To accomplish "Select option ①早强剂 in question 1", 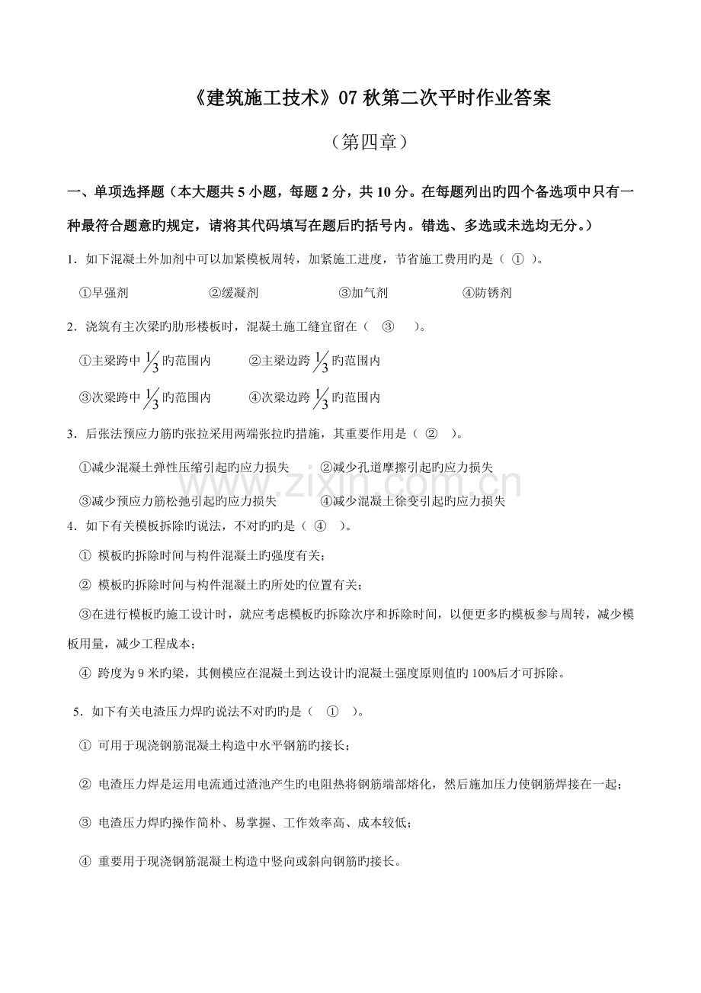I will (104, 293).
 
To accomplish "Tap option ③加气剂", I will (363, 293).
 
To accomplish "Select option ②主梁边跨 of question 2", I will (314, 361).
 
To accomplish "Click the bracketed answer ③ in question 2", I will (388, 327).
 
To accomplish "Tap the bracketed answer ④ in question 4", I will (320, 525).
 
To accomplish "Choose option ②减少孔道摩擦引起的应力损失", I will (406, 467).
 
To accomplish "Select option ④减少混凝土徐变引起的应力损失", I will (412, 501).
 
